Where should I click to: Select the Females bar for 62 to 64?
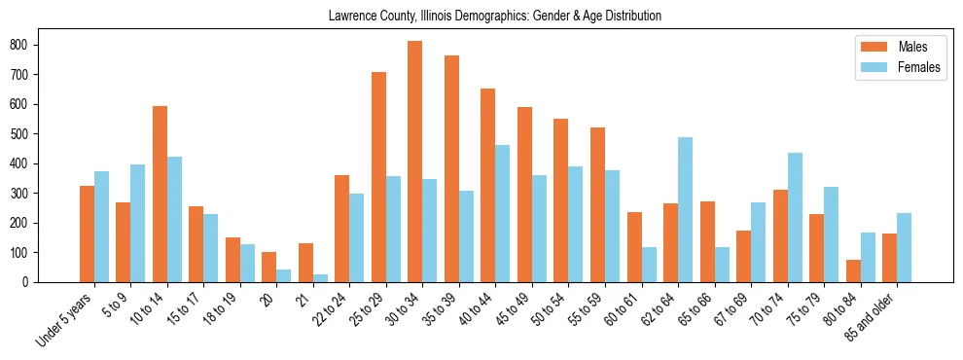[685, 209]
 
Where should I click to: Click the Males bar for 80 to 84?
[853, 270]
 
